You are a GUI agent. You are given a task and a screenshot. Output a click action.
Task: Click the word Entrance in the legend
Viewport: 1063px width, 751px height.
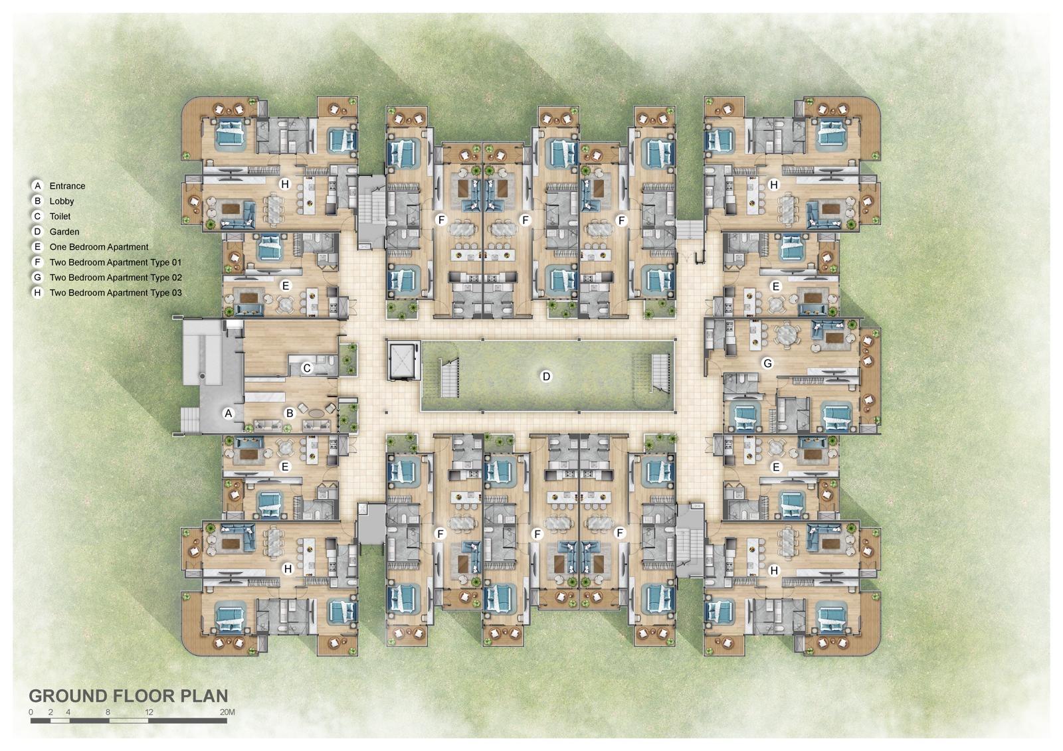pyautogui.click(x=67, y=186)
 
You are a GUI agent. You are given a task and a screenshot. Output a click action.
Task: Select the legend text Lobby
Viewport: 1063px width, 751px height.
pyautogui.click(x=62, y=201)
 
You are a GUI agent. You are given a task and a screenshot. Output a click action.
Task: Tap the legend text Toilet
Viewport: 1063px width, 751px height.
pyautogui.click(x=60, y=216)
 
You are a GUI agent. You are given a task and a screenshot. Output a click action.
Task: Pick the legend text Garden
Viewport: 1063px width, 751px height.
pyautogui.click(x=64, y=232)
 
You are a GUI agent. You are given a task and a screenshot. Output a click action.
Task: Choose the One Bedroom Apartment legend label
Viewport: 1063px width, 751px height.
pyautogui.click(x=98, y=247)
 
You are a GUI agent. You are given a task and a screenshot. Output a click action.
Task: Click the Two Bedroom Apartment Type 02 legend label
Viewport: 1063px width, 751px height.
pyautogui.click(x=115, y=278)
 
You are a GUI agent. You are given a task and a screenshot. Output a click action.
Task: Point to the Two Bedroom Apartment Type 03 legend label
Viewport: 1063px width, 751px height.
pyautogui.click(x=115, y=293)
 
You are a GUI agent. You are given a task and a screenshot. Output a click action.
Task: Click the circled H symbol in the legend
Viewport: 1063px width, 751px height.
pyautogui.click(x=38, y=293)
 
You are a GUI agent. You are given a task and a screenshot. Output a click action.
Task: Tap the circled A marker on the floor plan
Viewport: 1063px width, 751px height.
pyautogui.click(x=229, y=413)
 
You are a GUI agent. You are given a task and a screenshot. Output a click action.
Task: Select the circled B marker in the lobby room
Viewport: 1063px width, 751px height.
pyautogui.click(x=290, y=413)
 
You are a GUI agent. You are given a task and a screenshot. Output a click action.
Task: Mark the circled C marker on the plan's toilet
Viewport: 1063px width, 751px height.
pyautogui.click(x=307, y=368)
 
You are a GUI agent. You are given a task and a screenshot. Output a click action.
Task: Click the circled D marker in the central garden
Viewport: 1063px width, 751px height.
pyautogui.click(x=546, y=376)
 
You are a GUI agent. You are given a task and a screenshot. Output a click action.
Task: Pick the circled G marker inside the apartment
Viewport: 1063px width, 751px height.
pyautogui.click(x=768, y=363)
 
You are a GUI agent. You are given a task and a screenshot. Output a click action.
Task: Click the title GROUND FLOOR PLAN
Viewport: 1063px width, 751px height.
pyautogui.click(x=128, y=696)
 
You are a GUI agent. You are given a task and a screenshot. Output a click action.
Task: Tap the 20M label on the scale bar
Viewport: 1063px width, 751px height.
pyautogui.click(x=227, y=712)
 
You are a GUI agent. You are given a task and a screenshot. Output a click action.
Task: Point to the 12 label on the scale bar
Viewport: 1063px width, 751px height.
pyautogui.click(x=149, y=712)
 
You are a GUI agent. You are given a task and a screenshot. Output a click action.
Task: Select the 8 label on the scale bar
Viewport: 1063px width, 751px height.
pyautogui.click(x=108, y=712)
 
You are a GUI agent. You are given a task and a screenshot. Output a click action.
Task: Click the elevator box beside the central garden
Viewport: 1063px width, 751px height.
pyautogui.click(x=404, y=361)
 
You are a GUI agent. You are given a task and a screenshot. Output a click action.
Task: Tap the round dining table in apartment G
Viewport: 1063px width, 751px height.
pyautogui.click(x=786, y=334)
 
